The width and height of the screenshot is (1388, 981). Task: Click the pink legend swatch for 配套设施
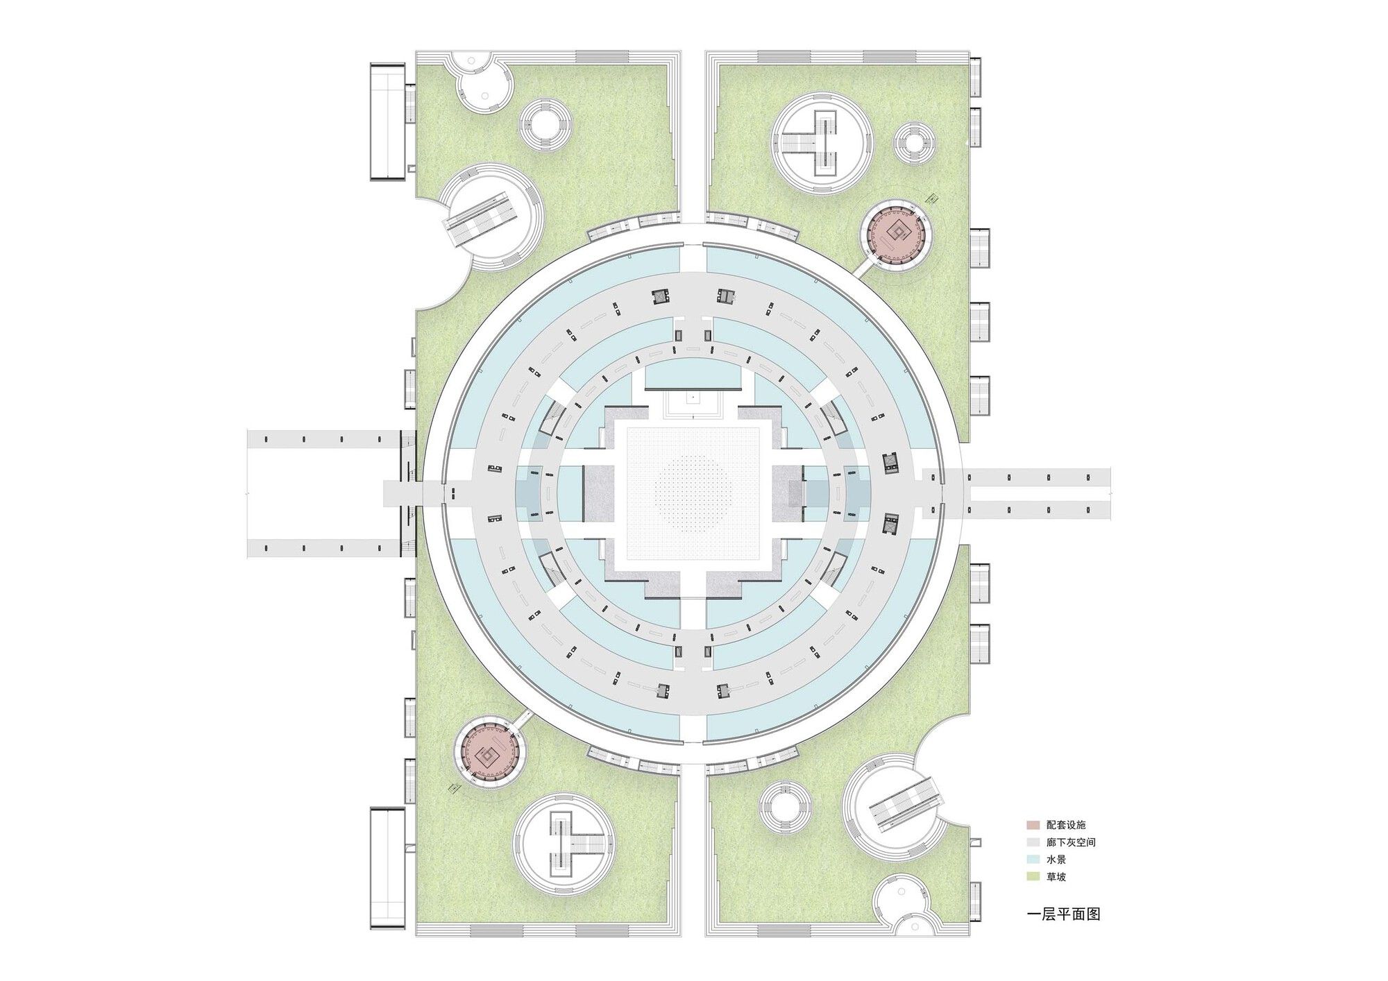pos(1033,826)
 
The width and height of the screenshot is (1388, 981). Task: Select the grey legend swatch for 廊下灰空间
pos(1033,842)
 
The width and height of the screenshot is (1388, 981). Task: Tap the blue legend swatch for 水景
pos(1033,860)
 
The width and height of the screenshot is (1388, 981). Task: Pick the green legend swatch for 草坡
pos(1033,877)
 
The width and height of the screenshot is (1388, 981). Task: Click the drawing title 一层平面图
pos(1063,914)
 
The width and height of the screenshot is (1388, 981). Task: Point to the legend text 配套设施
pos(1066,826)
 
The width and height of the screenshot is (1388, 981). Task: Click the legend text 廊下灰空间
pos(1071,842)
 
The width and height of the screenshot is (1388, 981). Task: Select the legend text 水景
pos(1056,860)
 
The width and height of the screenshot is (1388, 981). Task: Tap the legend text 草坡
pos(1056,877)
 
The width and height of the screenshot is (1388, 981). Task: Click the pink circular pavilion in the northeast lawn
pos(897,234)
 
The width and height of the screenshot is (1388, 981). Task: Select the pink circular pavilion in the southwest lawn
pos(491,751)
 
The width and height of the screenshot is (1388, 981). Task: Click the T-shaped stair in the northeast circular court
pos(822,144)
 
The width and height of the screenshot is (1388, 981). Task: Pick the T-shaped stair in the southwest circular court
pos(567,844)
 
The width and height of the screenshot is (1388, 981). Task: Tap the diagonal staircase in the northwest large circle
pos(483,218)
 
